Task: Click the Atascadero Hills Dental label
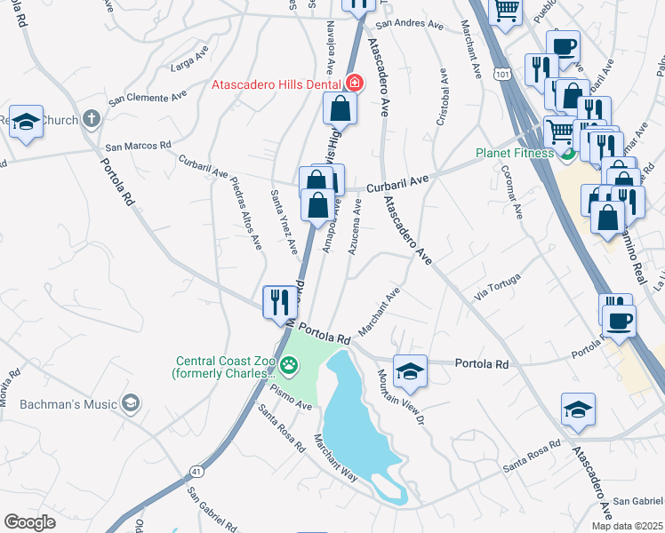point(276,84)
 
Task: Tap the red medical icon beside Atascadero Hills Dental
point(355,84)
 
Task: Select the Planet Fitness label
point(513,152)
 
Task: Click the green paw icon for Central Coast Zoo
point(289,364)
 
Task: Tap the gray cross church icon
point(91,119)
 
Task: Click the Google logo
point(29,522)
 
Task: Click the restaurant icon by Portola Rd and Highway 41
point(280,302)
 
